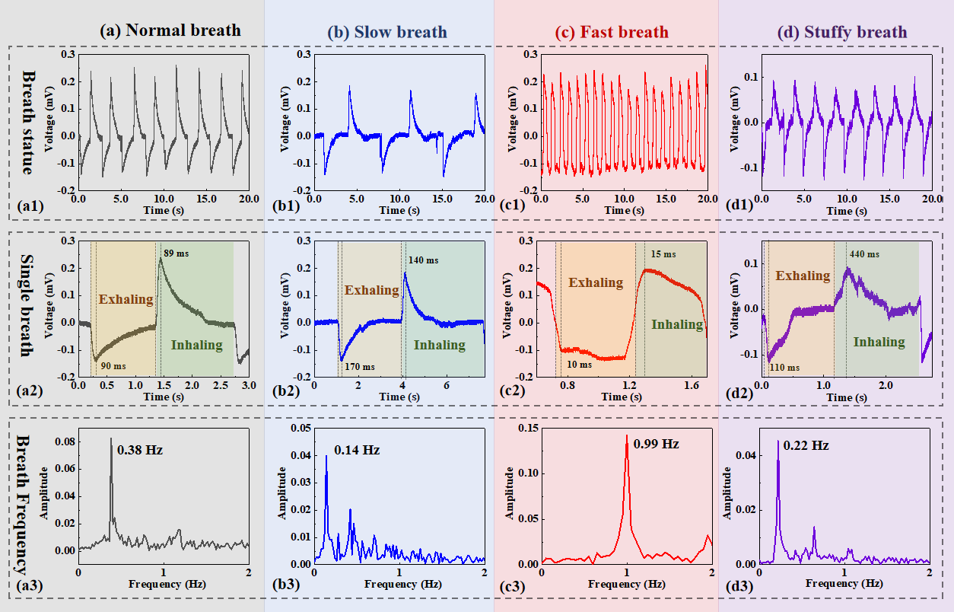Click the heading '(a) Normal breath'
pyautogui.click(x=170, y=30)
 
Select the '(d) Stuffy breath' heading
pyautogui.click(x=842, y=32)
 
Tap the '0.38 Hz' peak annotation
pyautogui.click(x=140, y=450)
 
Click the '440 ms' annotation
pyautogui.click(x=863, y=254)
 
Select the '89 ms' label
pyautogui.click(x=176, y=253)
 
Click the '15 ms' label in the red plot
pyautogui.click(x=663, y=253)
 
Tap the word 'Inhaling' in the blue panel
pyautogui.click(x=439, y=345)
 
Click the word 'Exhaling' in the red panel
pyautogui.click(x=596, y=282)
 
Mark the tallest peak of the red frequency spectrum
pyautogui.click(x=627, y=435)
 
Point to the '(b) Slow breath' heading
pyautogui.click(x=387, y=33)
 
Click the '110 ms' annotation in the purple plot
pyautogui.click(x=784, y=367)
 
